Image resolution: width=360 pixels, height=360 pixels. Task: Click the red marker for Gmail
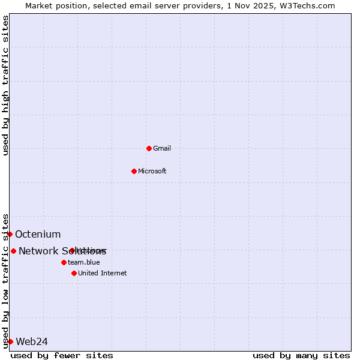pos(149,148)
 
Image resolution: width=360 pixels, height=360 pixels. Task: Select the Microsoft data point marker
pos(134,171)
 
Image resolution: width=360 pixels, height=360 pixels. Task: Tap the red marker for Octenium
pos(10,234)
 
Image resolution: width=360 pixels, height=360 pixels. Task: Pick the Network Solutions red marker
pos(13,251)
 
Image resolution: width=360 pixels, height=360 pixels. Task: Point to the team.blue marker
pos(64,262)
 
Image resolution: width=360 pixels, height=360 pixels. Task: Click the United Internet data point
pos(74,273)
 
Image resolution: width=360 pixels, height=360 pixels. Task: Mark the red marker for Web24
pos(10,341)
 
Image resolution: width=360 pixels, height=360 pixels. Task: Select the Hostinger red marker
pos(72,250)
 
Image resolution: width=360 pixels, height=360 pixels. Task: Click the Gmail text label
pos(162,148)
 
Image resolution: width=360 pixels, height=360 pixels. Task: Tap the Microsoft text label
pos(152,171)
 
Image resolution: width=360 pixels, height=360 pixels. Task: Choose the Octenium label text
pos(38,234)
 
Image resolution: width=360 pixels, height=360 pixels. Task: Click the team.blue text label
pos(84,262)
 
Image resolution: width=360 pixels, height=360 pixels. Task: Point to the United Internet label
pos(103,273)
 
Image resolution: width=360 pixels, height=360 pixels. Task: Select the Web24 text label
pos(32,341)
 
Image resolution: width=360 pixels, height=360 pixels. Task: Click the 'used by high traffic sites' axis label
pos(6,85)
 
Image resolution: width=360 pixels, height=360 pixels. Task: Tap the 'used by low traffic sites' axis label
pos(6,280)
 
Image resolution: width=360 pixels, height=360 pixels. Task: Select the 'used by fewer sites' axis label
pos(62,355)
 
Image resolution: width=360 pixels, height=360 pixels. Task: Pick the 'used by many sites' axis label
pos(301,355)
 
